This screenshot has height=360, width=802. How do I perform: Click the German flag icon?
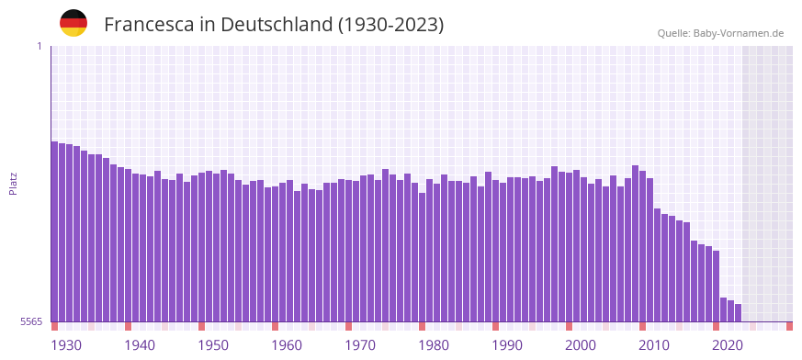73,23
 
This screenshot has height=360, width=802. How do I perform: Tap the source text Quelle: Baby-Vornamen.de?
720,33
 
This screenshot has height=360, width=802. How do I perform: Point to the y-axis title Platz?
13,184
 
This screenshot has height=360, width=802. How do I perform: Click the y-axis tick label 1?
39,46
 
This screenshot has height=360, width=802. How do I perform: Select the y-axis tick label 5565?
30,321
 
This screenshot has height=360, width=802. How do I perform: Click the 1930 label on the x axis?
66,345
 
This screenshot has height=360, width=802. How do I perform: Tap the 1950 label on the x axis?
213,345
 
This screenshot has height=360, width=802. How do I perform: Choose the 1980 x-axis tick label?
434,345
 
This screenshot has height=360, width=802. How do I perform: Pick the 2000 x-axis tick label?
581,345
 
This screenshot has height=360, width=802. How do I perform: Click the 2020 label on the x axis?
728,345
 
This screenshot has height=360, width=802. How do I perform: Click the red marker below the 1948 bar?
202,326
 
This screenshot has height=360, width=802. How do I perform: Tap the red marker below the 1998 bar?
570,326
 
